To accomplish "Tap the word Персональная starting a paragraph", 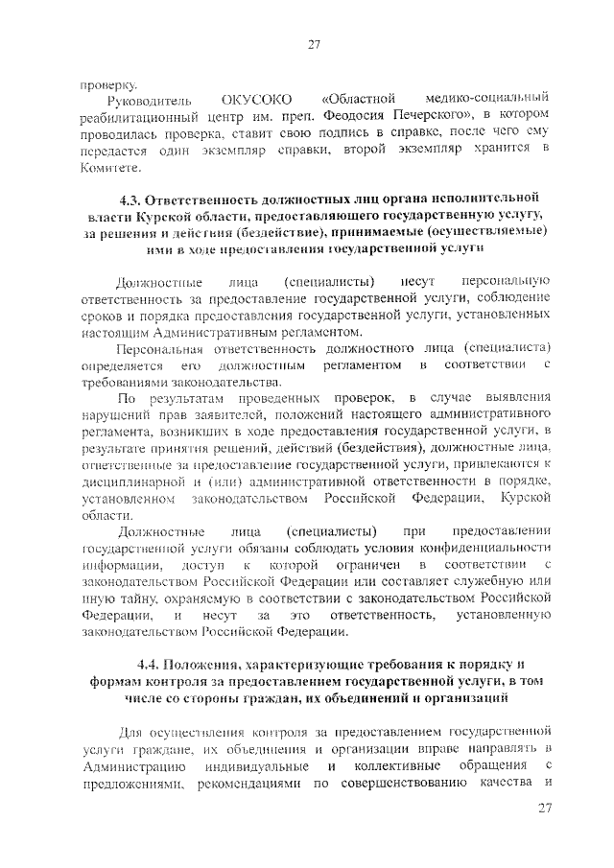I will click(157, 349).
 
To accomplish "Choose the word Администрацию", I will click(128, 769).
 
